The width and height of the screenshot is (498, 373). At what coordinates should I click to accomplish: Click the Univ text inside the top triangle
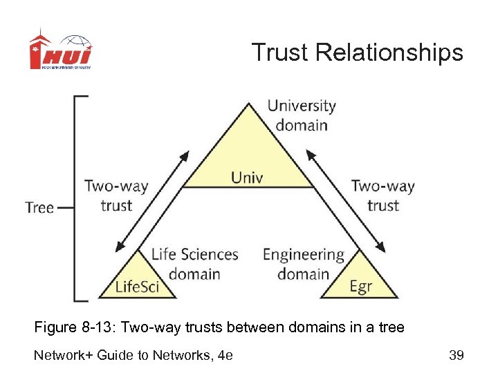[x=247, y=178]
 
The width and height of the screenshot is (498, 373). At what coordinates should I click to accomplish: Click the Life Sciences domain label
[x=194, y=263]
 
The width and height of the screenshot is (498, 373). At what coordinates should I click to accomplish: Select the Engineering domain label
[x=303, y=263]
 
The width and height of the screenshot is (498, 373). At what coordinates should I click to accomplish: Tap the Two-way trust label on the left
[x=116, y=195]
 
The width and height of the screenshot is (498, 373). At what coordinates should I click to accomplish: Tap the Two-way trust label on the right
[x=382, y=195]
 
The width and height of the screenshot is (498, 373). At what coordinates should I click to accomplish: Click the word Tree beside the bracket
[x=39, y=207]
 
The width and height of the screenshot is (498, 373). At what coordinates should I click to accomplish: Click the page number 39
[x=456, y=355]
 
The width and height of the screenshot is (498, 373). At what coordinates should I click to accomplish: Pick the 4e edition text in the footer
[x=225, y=355]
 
